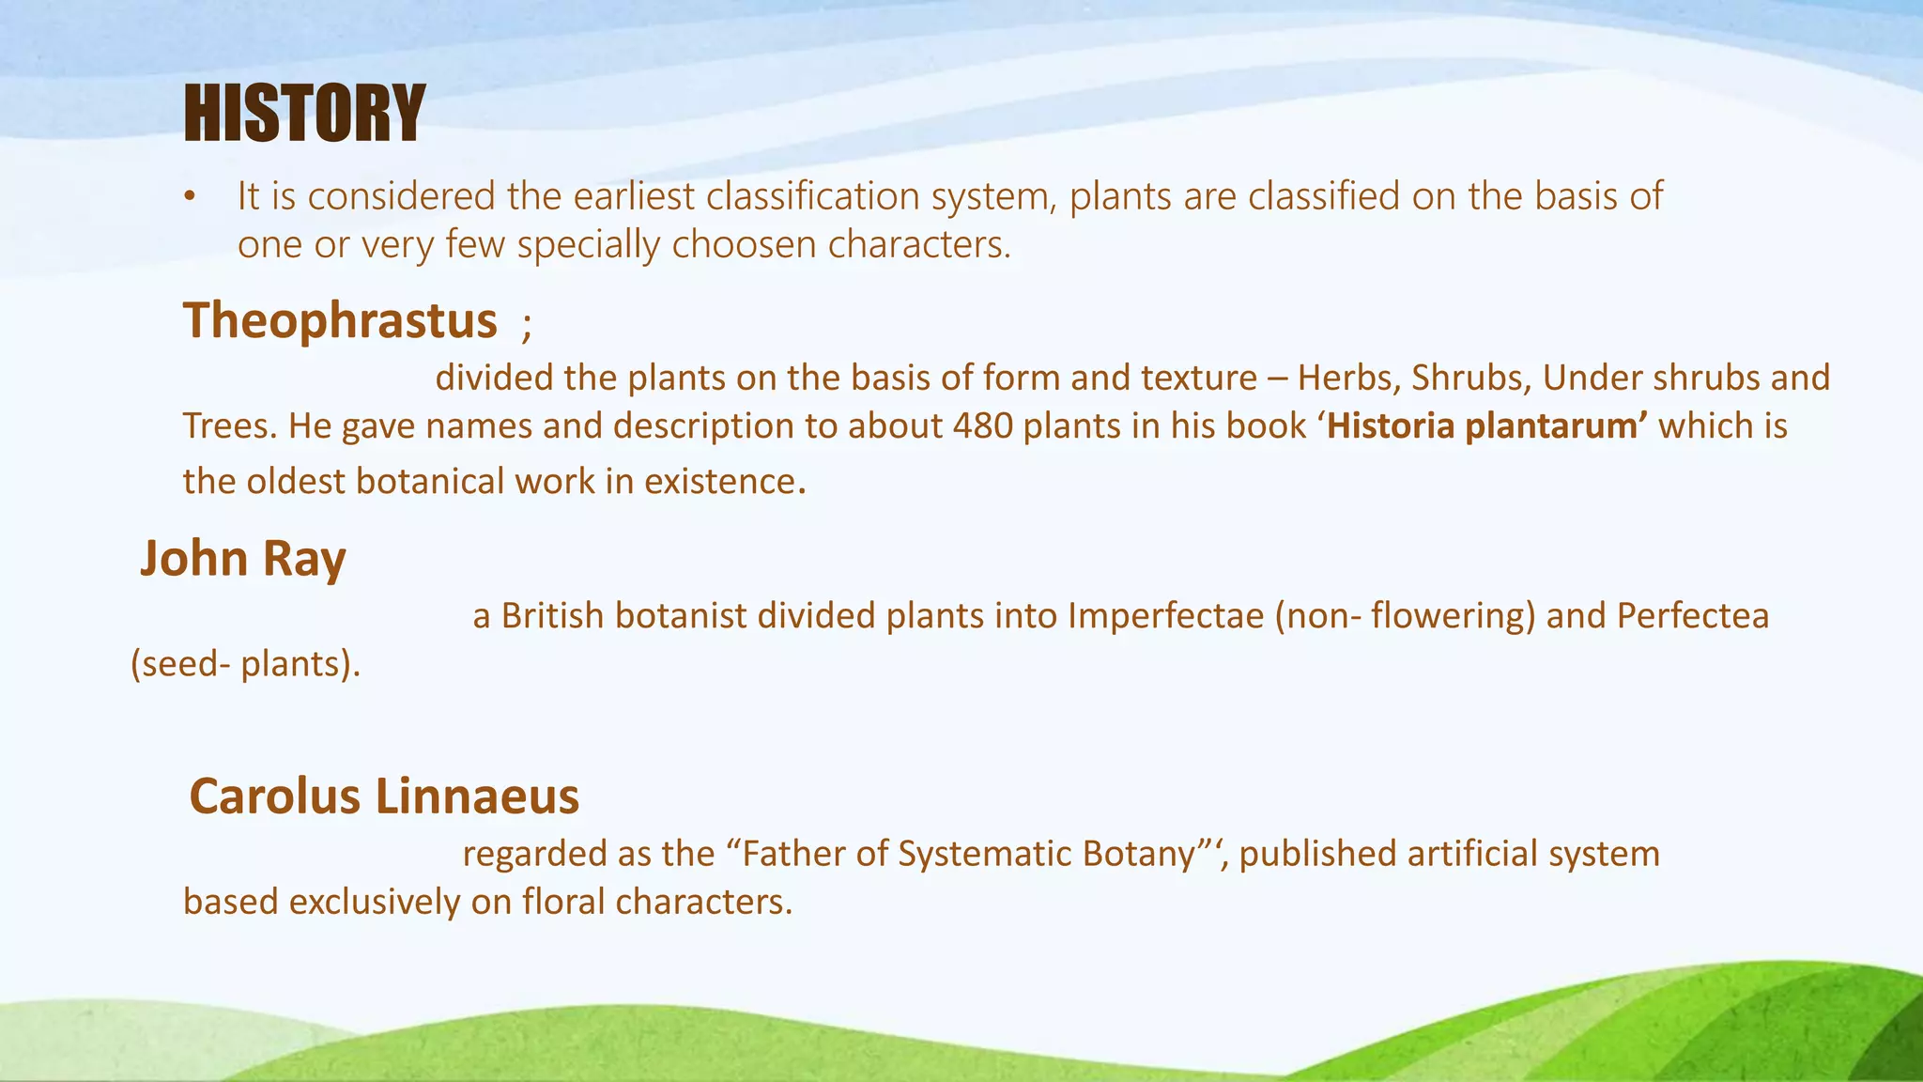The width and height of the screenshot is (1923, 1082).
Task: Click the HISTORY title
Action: pos(304,114)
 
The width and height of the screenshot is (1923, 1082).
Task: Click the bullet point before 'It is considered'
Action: pos(191,197)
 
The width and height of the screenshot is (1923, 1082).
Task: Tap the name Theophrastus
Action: pos(340,320)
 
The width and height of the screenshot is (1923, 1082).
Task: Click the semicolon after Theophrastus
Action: pos(527,327)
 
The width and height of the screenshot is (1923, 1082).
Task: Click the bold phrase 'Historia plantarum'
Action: pos(1487,426)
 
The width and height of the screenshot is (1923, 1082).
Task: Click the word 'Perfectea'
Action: pos(1692,616)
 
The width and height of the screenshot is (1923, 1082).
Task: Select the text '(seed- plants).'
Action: pos(245,665)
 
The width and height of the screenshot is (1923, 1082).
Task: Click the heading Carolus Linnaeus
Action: pos(384,796)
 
